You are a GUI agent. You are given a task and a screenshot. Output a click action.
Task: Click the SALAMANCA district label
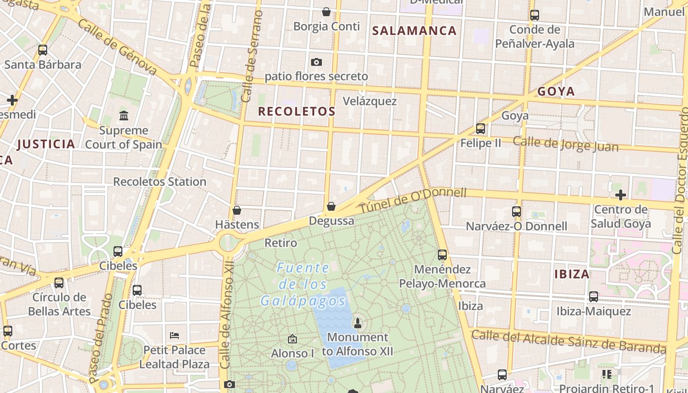coord(414,30)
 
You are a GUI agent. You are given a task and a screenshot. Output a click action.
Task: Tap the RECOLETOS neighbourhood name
coord(297,112)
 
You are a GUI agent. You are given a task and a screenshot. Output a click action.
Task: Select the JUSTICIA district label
coord(46,144)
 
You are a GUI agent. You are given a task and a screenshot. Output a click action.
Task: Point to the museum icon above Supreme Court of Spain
coord(124,116)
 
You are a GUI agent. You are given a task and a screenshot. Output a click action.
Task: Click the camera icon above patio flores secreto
coord(316,62)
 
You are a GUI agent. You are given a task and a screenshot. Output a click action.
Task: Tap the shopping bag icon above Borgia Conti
coord(326,12)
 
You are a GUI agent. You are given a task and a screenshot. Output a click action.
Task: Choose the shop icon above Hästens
coord(237,210)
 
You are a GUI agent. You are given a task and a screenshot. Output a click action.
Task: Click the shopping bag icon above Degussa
coord(331,206)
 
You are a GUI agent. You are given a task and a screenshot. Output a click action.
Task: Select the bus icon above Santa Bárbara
coord(43,50)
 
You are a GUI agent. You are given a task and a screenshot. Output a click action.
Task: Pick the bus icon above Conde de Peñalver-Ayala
coord(535,15)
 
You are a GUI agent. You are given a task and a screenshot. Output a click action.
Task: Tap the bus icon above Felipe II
coord(481,129)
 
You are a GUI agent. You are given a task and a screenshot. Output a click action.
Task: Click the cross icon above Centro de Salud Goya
coord(620,195)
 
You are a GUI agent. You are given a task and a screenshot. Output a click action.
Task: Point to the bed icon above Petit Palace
coord(174,336)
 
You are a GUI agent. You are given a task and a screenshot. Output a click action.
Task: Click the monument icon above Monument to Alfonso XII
coord(358,323)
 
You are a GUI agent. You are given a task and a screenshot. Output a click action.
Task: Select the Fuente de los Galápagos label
coord(303,284)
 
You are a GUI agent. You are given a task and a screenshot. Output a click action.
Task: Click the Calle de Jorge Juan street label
coord(566,144)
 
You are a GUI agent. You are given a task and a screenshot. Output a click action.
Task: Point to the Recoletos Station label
coord(160,182)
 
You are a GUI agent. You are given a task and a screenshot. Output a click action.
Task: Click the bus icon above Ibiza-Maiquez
coord(594,297)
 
